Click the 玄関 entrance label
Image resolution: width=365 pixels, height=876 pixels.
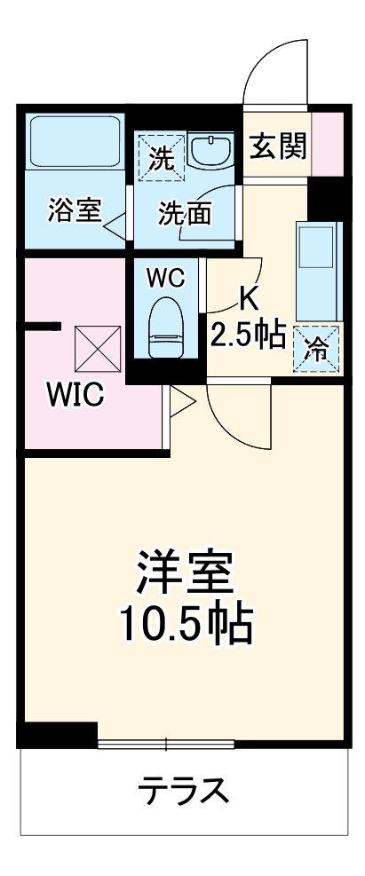(x=277, y=146)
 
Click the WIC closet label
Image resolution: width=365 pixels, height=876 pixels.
(x=75, y=393)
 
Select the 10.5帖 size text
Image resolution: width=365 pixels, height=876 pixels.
(x=186, y=627)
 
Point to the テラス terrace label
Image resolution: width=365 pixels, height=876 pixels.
(x=185, y=787)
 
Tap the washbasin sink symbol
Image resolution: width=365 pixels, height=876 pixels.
(x=209, y=152)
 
